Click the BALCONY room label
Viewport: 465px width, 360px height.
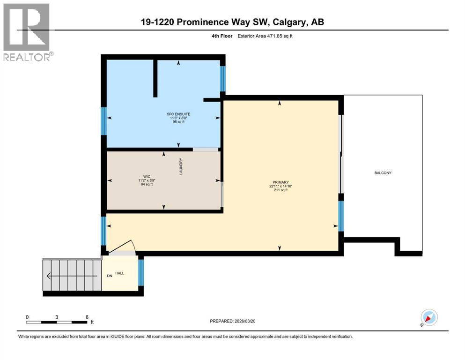tap(383, 173)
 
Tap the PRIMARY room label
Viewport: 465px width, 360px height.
tap(281, 182)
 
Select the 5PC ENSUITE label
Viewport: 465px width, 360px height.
tap(179, 114)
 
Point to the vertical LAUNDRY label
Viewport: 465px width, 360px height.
tap(180, 166)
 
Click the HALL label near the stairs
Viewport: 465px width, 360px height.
tap(119, 272)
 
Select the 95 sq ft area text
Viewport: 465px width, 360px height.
tap(179, 122)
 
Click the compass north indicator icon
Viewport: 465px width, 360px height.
tap(428, 318)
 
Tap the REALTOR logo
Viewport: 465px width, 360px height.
tap(27, 32)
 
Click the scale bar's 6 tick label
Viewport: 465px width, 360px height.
tap(87, 317)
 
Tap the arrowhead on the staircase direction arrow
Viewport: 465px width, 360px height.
tap(50, 276)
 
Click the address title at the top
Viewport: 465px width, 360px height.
tap(232, 22)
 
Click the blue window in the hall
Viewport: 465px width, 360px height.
tap(141, 272)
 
